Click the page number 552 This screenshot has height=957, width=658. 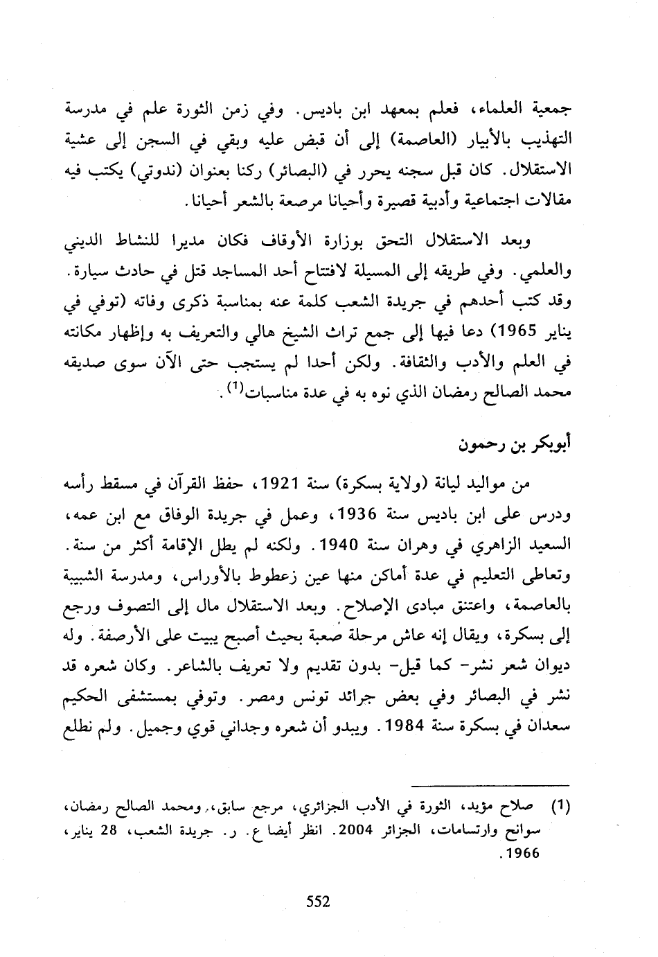click(x=319, y=902)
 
